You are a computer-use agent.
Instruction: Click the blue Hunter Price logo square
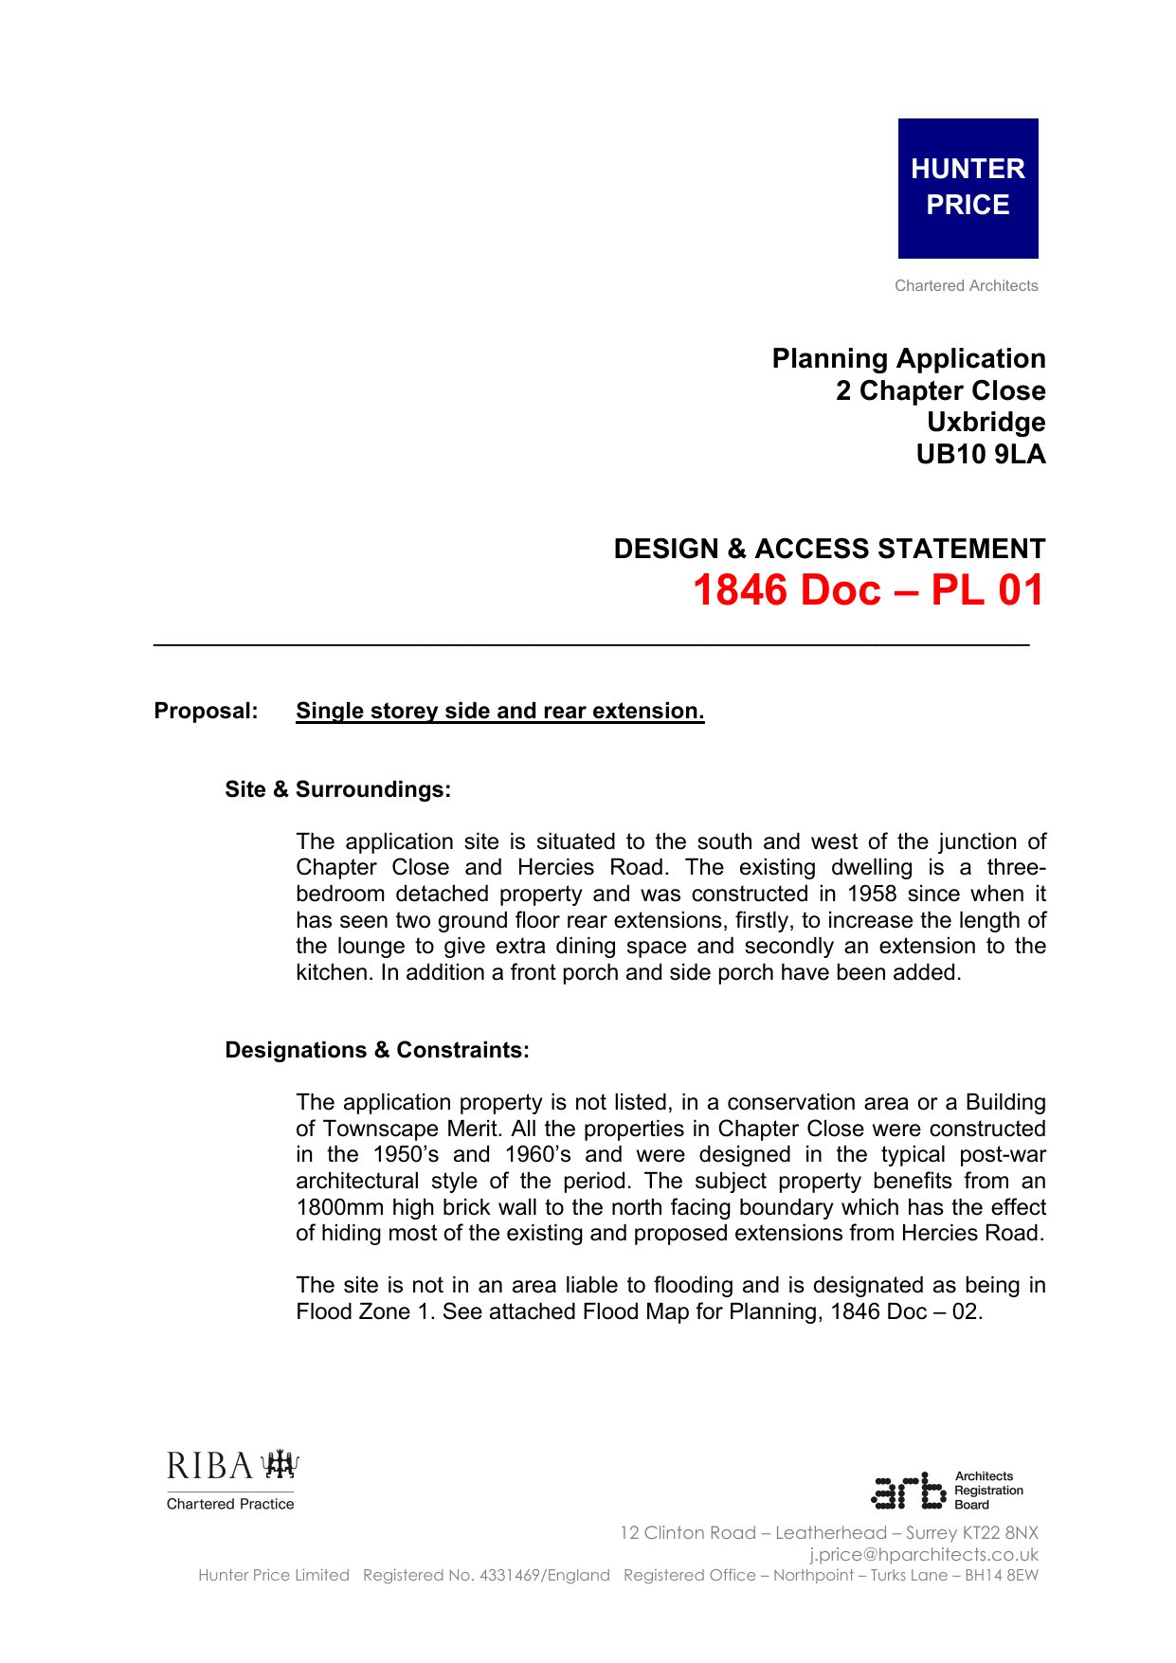(968, 188)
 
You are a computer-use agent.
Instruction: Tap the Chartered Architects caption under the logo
(966, 286)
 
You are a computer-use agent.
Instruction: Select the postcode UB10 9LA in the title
(980, 455)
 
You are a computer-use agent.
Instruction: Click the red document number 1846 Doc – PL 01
(867, 590)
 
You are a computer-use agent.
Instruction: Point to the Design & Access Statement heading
(829, 549)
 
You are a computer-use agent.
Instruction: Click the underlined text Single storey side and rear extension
(499, 712)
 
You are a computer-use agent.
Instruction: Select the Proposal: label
(206, 712)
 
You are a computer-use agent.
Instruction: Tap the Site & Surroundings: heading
(337, 789)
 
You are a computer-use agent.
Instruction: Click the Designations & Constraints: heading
(376, 1050)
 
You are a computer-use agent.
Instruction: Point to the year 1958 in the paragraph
(871, 895)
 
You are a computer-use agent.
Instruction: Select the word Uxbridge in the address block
(986, 423)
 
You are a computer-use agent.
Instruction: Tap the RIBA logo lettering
(210, 1466)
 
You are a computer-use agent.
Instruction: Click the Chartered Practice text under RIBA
(230, 1504)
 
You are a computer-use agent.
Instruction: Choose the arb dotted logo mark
(908, 1491)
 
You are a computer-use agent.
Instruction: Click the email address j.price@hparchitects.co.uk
(923, 1554)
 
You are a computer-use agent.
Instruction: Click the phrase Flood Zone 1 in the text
(353, 1311)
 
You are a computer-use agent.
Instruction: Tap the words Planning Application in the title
(908, 359)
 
